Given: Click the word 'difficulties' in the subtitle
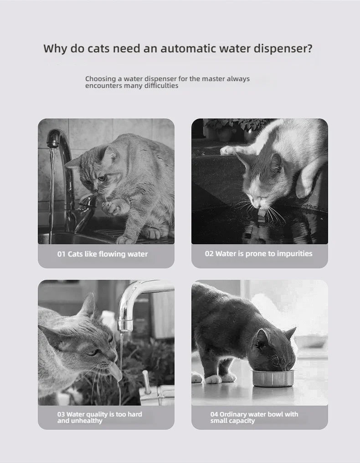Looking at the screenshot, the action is [161, 86].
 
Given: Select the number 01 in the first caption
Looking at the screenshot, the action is [62, 254].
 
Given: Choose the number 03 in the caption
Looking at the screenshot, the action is [61, 414].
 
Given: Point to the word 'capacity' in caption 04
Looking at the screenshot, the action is [241, 421].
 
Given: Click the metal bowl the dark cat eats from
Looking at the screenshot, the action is [273, 378].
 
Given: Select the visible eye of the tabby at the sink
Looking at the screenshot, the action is [102, 178].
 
